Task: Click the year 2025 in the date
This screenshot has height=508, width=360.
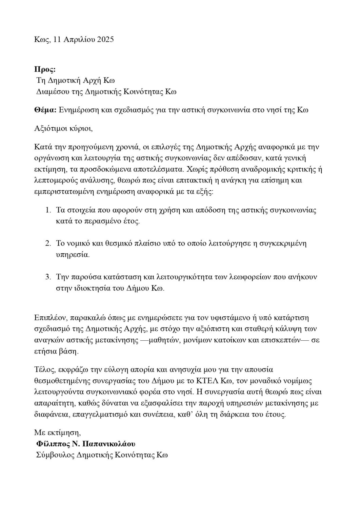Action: [x=105, y=39]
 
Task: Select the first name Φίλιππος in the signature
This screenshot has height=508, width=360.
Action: [x=52, y=444]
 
